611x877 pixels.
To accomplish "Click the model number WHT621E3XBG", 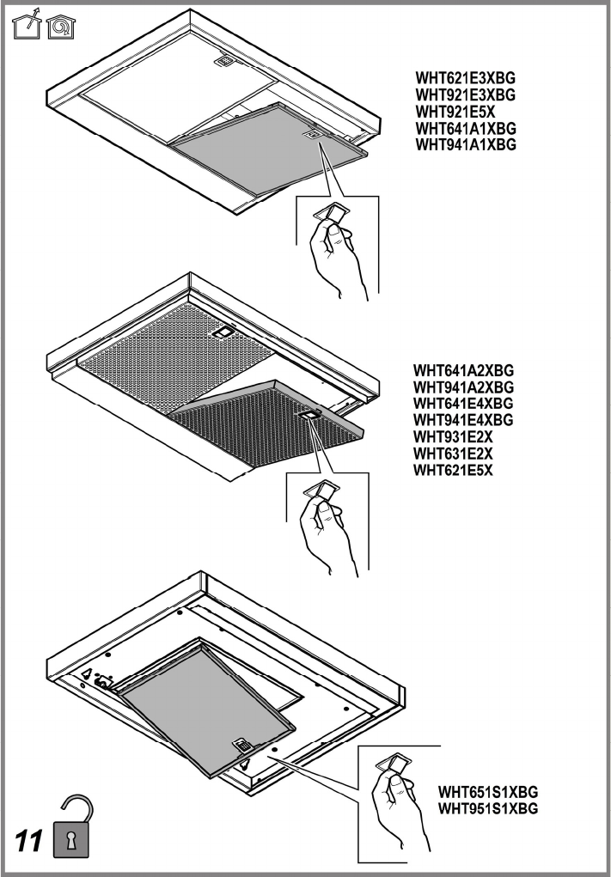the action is pos(465,78).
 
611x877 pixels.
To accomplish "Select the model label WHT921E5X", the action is pos(455,112).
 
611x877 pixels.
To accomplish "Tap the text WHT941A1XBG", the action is pos(466,145).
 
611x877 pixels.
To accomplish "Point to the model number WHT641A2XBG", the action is pos(463,371).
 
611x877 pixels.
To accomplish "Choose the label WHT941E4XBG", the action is pos(463,420).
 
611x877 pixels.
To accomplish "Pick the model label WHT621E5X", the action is pos(453,470).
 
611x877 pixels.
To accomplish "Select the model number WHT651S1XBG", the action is pos(488,793).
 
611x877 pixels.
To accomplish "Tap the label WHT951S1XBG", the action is pos(488,809).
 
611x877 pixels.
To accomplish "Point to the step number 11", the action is pos(28,841).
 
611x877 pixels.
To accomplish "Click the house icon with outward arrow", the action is pos(27,25).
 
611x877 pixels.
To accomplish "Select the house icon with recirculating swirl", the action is pos(62,27).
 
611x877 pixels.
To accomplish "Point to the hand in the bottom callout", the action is pos(400,806).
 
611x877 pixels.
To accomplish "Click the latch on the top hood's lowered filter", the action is pos(313,134).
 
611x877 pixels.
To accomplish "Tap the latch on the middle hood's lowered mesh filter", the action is pos(307,415).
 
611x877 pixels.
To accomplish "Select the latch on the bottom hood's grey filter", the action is pos(241,745).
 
